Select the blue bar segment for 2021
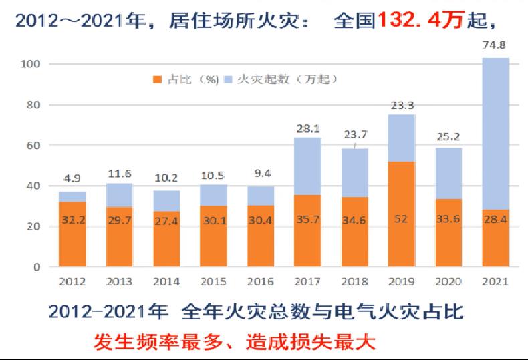click(x=495, y=134)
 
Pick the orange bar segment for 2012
click(x=73, y=234)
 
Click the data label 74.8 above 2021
click(x=495, y=47)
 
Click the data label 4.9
click(x=73, y=178)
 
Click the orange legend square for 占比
click(x=157, y=79)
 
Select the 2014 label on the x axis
click(x=167, y=281)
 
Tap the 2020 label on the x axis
click(x=448, y=281)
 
